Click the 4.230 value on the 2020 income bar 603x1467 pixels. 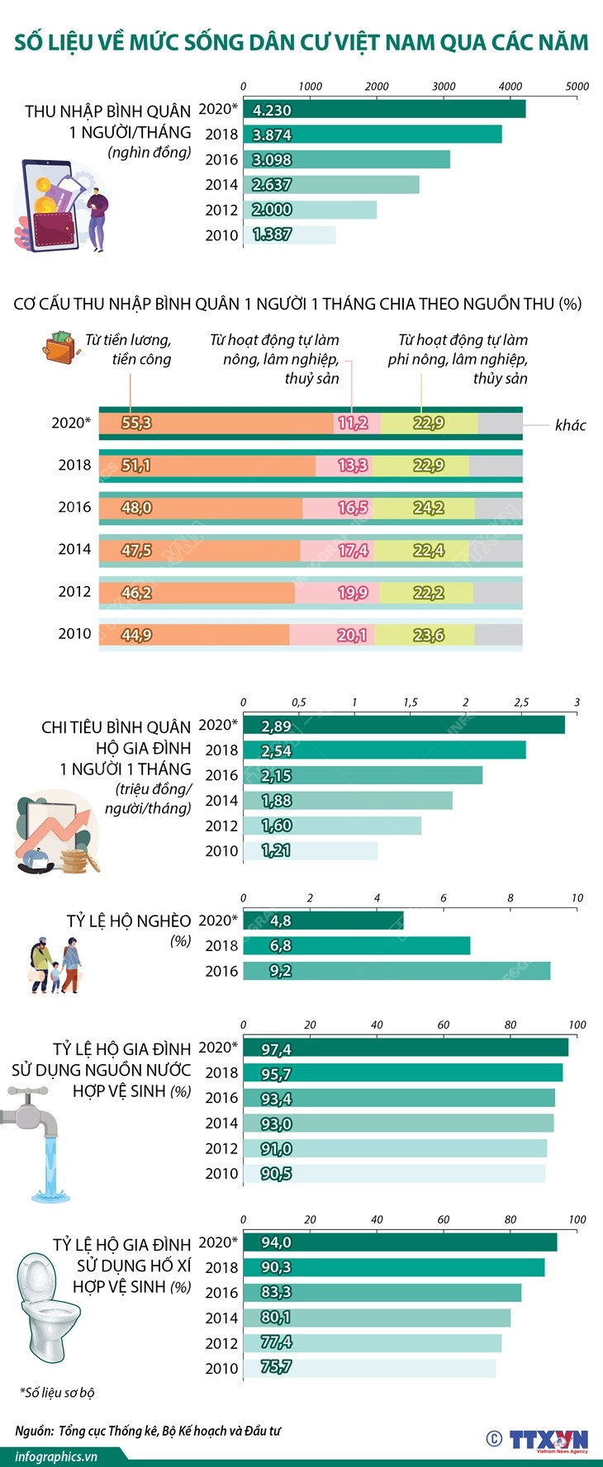point(272,110)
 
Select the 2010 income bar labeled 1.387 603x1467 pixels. point(290,235)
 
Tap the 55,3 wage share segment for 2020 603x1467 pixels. point(136,424)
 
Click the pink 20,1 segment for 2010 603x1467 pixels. point(353,635)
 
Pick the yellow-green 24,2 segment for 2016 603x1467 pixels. point(429,508)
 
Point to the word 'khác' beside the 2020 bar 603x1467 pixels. point(570,425)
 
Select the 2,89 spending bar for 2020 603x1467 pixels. point(404,726)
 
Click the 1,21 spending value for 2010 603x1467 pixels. point(276,851)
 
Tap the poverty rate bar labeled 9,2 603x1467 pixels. point(396,971)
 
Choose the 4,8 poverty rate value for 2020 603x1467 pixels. point(280,920)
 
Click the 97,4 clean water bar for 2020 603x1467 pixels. point(406,1048)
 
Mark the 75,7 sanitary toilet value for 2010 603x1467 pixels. point(276,1367)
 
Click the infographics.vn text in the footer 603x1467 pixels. point(56,1456)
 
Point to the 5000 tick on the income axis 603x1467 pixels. point(577,86)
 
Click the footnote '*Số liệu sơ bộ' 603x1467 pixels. point(57,1393)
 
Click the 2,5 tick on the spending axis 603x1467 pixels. point(521,703)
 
